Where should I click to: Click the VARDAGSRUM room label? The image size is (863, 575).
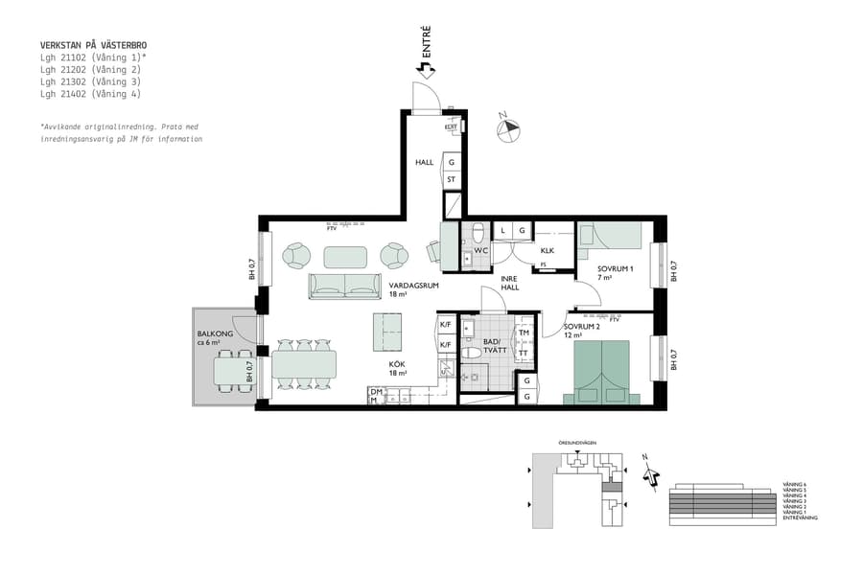413,286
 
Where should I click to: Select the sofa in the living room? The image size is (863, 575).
344,286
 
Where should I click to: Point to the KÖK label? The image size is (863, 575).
397,364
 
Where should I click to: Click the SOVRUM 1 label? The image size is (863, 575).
616,269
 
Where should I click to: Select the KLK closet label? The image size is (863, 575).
548,250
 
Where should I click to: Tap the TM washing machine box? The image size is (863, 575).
525,333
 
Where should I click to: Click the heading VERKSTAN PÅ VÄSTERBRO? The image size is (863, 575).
94,45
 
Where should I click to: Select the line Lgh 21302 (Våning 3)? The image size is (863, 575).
90,81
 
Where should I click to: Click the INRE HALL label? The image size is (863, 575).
509,283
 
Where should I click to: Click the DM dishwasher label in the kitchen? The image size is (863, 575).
375,392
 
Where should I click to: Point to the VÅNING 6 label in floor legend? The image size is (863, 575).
795,485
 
